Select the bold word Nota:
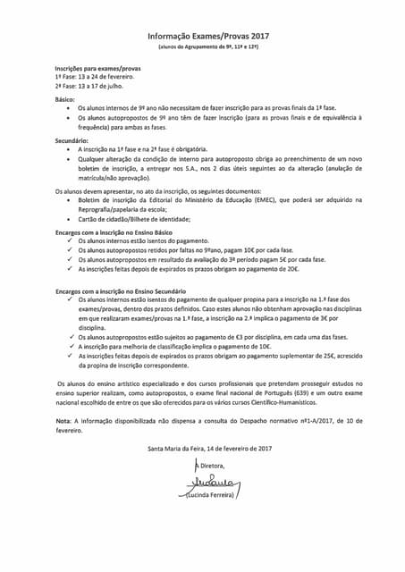coord(64,420)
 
